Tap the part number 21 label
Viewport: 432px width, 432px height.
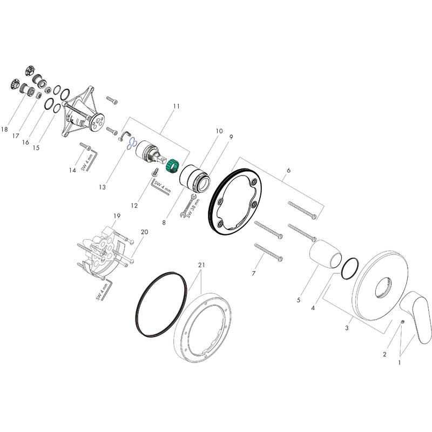pyautogui.click(x=201, y=265)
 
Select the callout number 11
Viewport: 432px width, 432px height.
pyautogui.click(x=176, y=107)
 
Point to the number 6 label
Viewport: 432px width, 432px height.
pyautogui.click(x=289, y=170)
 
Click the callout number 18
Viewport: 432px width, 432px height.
pyautogui.click(x=5, y=130)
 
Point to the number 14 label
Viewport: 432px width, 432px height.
pyautogui.click(x=72, y=171)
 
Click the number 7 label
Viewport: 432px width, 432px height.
pyautogui.click(x=253, y=274)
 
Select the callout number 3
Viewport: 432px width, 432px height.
pyautogui.click(x=348, y=328)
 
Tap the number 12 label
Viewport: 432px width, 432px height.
pyautogui.click(x=134, y=206)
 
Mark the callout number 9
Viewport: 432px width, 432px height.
pyautogui.click(x=230, y=137)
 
